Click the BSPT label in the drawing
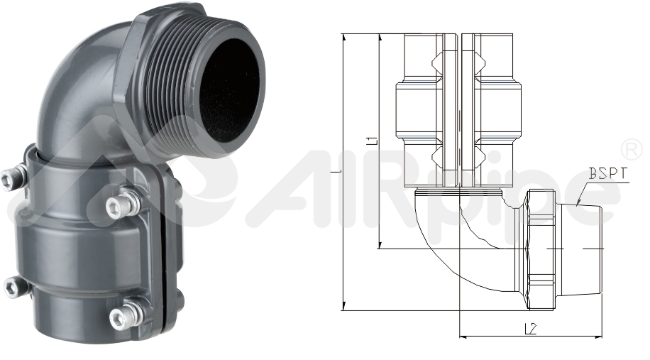click(608, 173)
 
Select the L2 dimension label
click(530, 329)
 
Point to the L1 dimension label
click(373, 139)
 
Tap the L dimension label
click(338, 171)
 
